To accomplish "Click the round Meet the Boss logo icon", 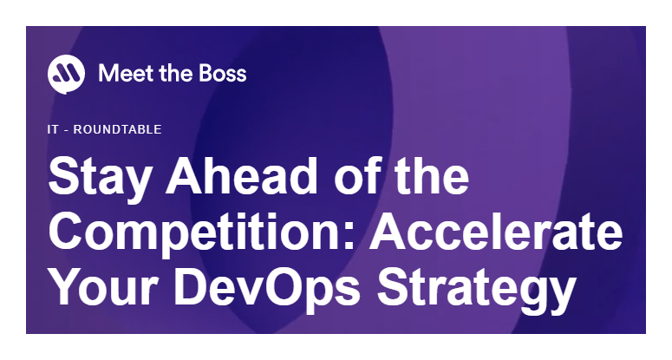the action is tap(66, 74).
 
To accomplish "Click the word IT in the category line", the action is tap(52, 129).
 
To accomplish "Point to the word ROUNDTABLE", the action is tap(117, 129).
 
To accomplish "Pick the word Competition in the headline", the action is tap(196, 232).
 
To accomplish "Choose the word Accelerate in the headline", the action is tap(496, 232).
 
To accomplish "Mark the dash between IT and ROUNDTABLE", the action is tap(66, 130).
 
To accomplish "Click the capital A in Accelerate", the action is tap(388, 232).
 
